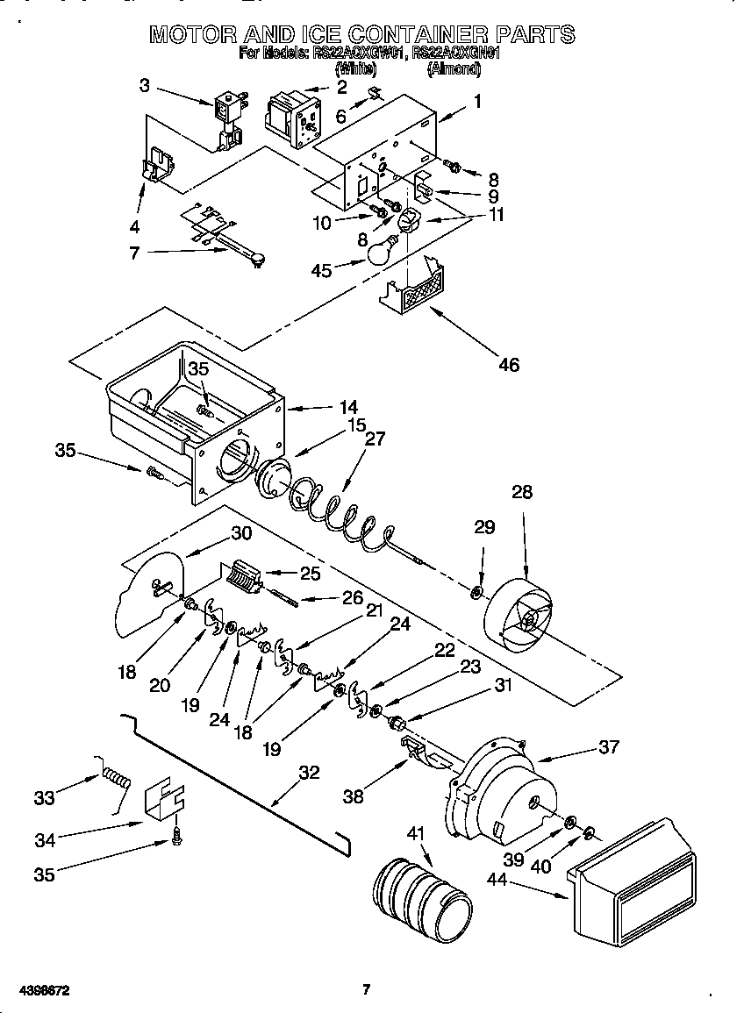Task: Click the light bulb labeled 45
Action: pos(378,252)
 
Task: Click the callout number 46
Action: pos(508,364)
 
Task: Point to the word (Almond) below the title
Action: pos(453,68)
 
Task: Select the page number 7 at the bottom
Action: pos(367,990)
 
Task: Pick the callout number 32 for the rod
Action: pos(309,773)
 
